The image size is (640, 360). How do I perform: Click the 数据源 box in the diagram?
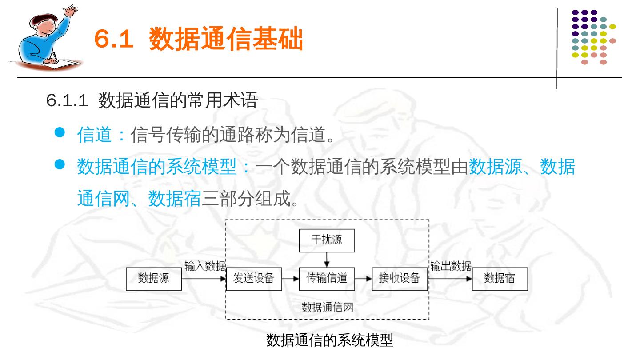154,279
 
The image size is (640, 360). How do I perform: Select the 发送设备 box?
254,279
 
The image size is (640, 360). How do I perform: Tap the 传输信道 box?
327,279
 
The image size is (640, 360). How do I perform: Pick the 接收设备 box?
399,279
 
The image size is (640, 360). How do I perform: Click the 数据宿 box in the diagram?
500,279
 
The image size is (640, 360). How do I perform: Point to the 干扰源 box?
327,240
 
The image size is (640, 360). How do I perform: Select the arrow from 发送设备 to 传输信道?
290,279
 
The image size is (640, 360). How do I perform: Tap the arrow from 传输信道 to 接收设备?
363,279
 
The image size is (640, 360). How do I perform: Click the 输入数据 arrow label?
205,266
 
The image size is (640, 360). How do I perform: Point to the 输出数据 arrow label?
450,266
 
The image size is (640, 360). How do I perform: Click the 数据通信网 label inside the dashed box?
327,307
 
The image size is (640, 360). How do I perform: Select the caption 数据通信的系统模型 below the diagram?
330,340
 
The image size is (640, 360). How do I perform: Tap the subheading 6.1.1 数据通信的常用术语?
152,101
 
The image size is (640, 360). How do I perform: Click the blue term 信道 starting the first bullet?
94,135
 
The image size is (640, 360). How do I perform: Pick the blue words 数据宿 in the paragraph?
175,199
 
